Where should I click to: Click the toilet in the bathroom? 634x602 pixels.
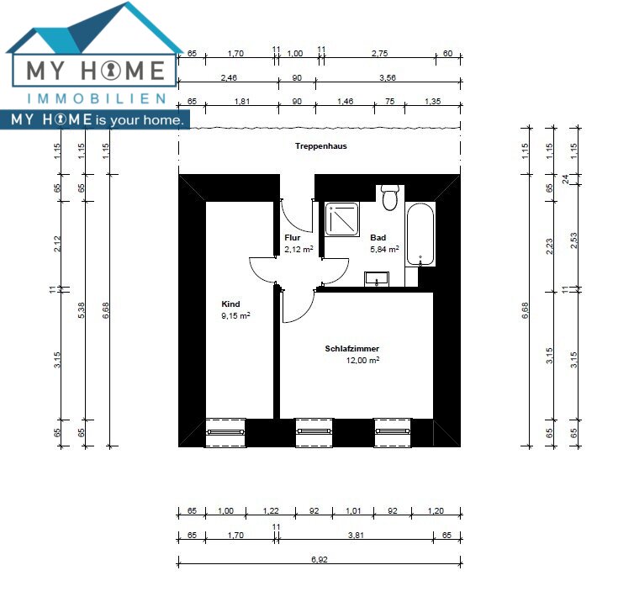390,198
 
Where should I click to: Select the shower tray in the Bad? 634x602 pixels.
342,219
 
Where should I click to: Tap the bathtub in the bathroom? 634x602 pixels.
420,234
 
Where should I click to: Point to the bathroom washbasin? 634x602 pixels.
377,279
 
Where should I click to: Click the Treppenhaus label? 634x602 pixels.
320,146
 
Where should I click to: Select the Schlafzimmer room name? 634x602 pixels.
351,349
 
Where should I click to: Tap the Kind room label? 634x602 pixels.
230,304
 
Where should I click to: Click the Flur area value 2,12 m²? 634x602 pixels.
299,249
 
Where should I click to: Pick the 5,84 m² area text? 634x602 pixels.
384,249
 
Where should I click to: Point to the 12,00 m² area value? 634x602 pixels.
362,360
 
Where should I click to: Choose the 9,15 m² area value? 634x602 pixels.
235,315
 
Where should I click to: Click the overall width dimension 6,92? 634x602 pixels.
320,559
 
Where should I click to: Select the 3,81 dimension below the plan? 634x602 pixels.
356,535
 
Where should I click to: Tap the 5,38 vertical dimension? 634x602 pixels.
82,310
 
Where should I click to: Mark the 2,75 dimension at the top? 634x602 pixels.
380,53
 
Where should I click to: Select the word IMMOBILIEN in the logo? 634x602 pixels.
96,98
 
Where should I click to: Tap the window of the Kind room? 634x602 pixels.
225,433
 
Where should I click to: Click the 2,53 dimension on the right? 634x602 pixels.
573,240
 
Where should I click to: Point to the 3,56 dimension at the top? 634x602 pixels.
388,77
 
